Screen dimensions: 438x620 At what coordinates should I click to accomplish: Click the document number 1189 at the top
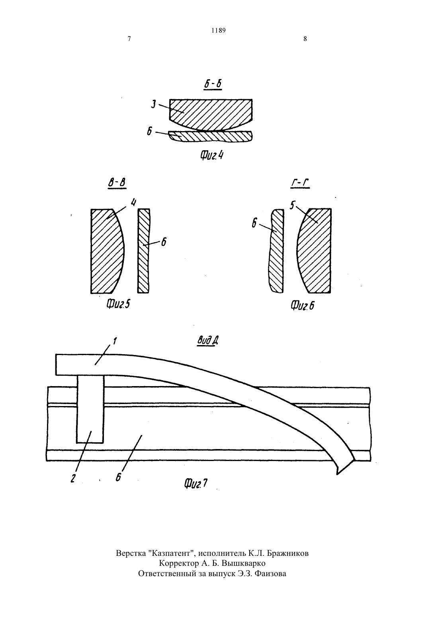219,30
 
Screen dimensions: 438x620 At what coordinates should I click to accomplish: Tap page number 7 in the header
129,39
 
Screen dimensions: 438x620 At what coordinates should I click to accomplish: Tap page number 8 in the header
305,39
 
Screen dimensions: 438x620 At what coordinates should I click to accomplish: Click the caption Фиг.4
211,155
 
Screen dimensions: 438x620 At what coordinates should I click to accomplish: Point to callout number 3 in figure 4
154,105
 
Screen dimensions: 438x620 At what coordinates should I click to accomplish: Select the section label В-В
117,183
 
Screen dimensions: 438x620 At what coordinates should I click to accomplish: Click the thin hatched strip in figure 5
143,251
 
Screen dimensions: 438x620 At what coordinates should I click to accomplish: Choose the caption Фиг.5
118,305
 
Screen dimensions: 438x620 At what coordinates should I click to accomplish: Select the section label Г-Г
300,183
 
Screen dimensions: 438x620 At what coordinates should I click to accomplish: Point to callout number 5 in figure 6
292,206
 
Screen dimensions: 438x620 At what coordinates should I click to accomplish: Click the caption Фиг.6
302,306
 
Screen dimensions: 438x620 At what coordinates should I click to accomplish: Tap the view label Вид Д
208,340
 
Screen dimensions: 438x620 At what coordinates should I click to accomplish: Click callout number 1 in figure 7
115,340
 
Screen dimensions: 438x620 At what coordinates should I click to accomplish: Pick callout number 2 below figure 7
73,479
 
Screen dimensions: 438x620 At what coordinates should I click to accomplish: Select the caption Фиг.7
196,484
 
